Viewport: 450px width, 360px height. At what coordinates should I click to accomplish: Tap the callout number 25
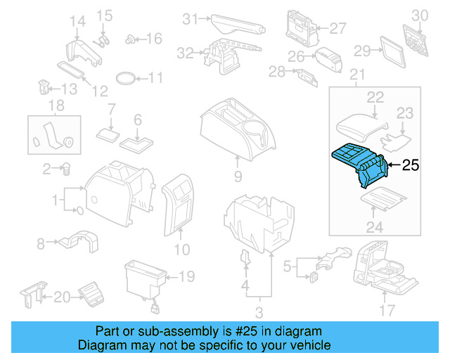(x=410, y=166)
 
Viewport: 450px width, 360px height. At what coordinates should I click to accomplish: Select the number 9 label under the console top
(x=238, y=176)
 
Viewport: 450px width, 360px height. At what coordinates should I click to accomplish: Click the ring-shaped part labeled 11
(x=124, y=77)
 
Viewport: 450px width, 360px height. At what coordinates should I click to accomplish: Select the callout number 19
(x=186, y=277)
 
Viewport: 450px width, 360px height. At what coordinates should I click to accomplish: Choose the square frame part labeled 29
(x=391, y=51)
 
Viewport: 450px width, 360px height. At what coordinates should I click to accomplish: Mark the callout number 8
(x=40, y=244)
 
